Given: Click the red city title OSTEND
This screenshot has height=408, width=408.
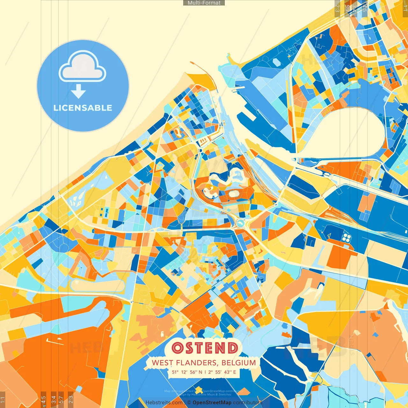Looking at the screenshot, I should click(x=204, y=348).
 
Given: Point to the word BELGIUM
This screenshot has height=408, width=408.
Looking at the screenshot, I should click(x=239, y=363).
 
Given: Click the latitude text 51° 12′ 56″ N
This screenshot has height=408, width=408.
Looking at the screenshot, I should click(x=187, y=372).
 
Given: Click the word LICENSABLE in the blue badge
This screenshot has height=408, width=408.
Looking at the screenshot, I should click(x=83, y=108).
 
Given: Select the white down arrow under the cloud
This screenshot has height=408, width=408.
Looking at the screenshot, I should click(x=78, y=91).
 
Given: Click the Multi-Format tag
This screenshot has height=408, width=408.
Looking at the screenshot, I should click(x=204, y=3).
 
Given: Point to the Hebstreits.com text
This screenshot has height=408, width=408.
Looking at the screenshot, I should click(x=164, y=403).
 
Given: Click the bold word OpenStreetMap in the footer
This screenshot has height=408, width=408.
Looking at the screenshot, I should click(x=212, y=403).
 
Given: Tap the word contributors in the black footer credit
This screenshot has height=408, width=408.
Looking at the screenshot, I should click(x=247, y=403).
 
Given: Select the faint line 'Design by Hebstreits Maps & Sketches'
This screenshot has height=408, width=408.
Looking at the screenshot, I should click(x=204, y=395).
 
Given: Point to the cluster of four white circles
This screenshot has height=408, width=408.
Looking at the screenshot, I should click(x=346, y=237).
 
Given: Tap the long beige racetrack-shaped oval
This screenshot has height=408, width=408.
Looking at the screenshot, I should click(x=97, y=285).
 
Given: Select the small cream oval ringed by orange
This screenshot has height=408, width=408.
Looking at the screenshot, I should click(x=234, y=193).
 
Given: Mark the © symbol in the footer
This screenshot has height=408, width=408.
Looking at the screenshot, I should click(x=189, y=403).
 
